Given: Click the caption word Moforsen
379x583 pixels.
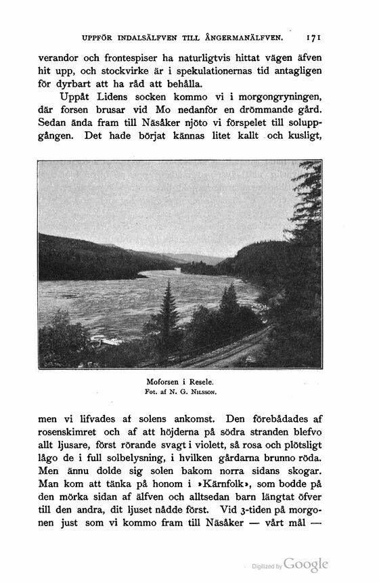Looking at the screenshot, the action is tap(166, 381).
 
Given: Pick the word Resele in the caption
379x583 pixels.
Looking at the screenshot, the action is tap(202, 381).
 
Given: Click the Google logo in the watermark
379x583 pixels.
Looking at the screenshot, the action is tap(306, 564).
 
